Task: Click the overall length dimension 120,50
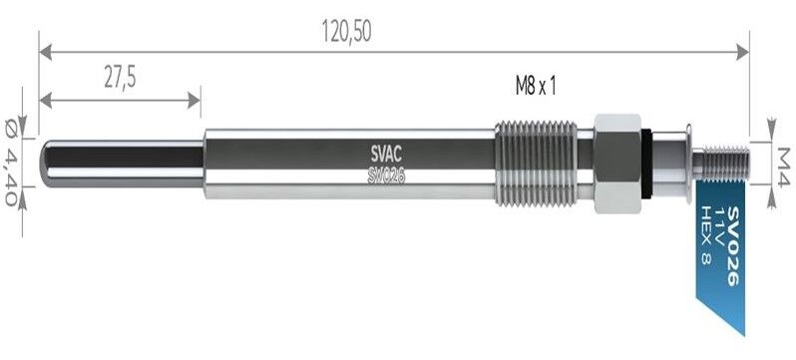[x=346, y=32]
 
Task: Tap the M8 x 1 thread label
[x=535, y=86]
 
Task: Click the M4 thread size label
[x=783, y=160]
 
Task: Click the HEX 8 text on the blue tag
[x=705, y=236]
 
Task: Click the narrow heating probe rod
[x=120, y=161]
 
